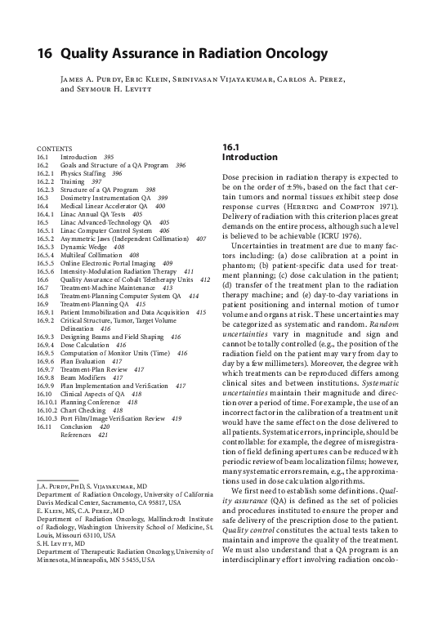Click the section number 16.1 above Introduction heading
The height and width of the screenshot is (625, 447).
tap(230, 146)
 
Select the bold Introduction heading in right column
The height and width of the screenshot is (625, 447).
tap(245, 156)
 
